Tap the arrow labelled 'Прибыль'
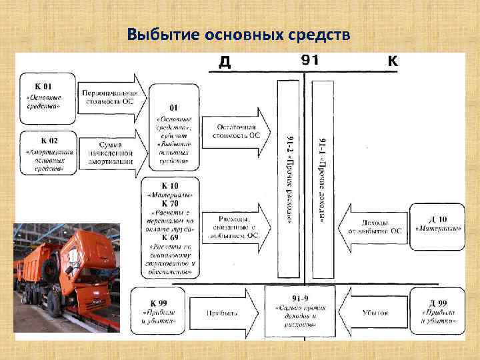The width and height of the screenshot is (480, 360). click(223, 311)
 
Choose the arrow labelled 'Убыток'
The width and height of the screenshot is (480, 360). click(373, 311)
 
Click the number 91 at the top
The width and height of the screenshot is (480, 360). click(310, 61)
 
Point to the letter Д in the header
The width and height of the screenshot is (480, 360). click(225, 62)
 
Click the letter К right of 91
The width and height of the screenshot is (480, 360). click(393, 61)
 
